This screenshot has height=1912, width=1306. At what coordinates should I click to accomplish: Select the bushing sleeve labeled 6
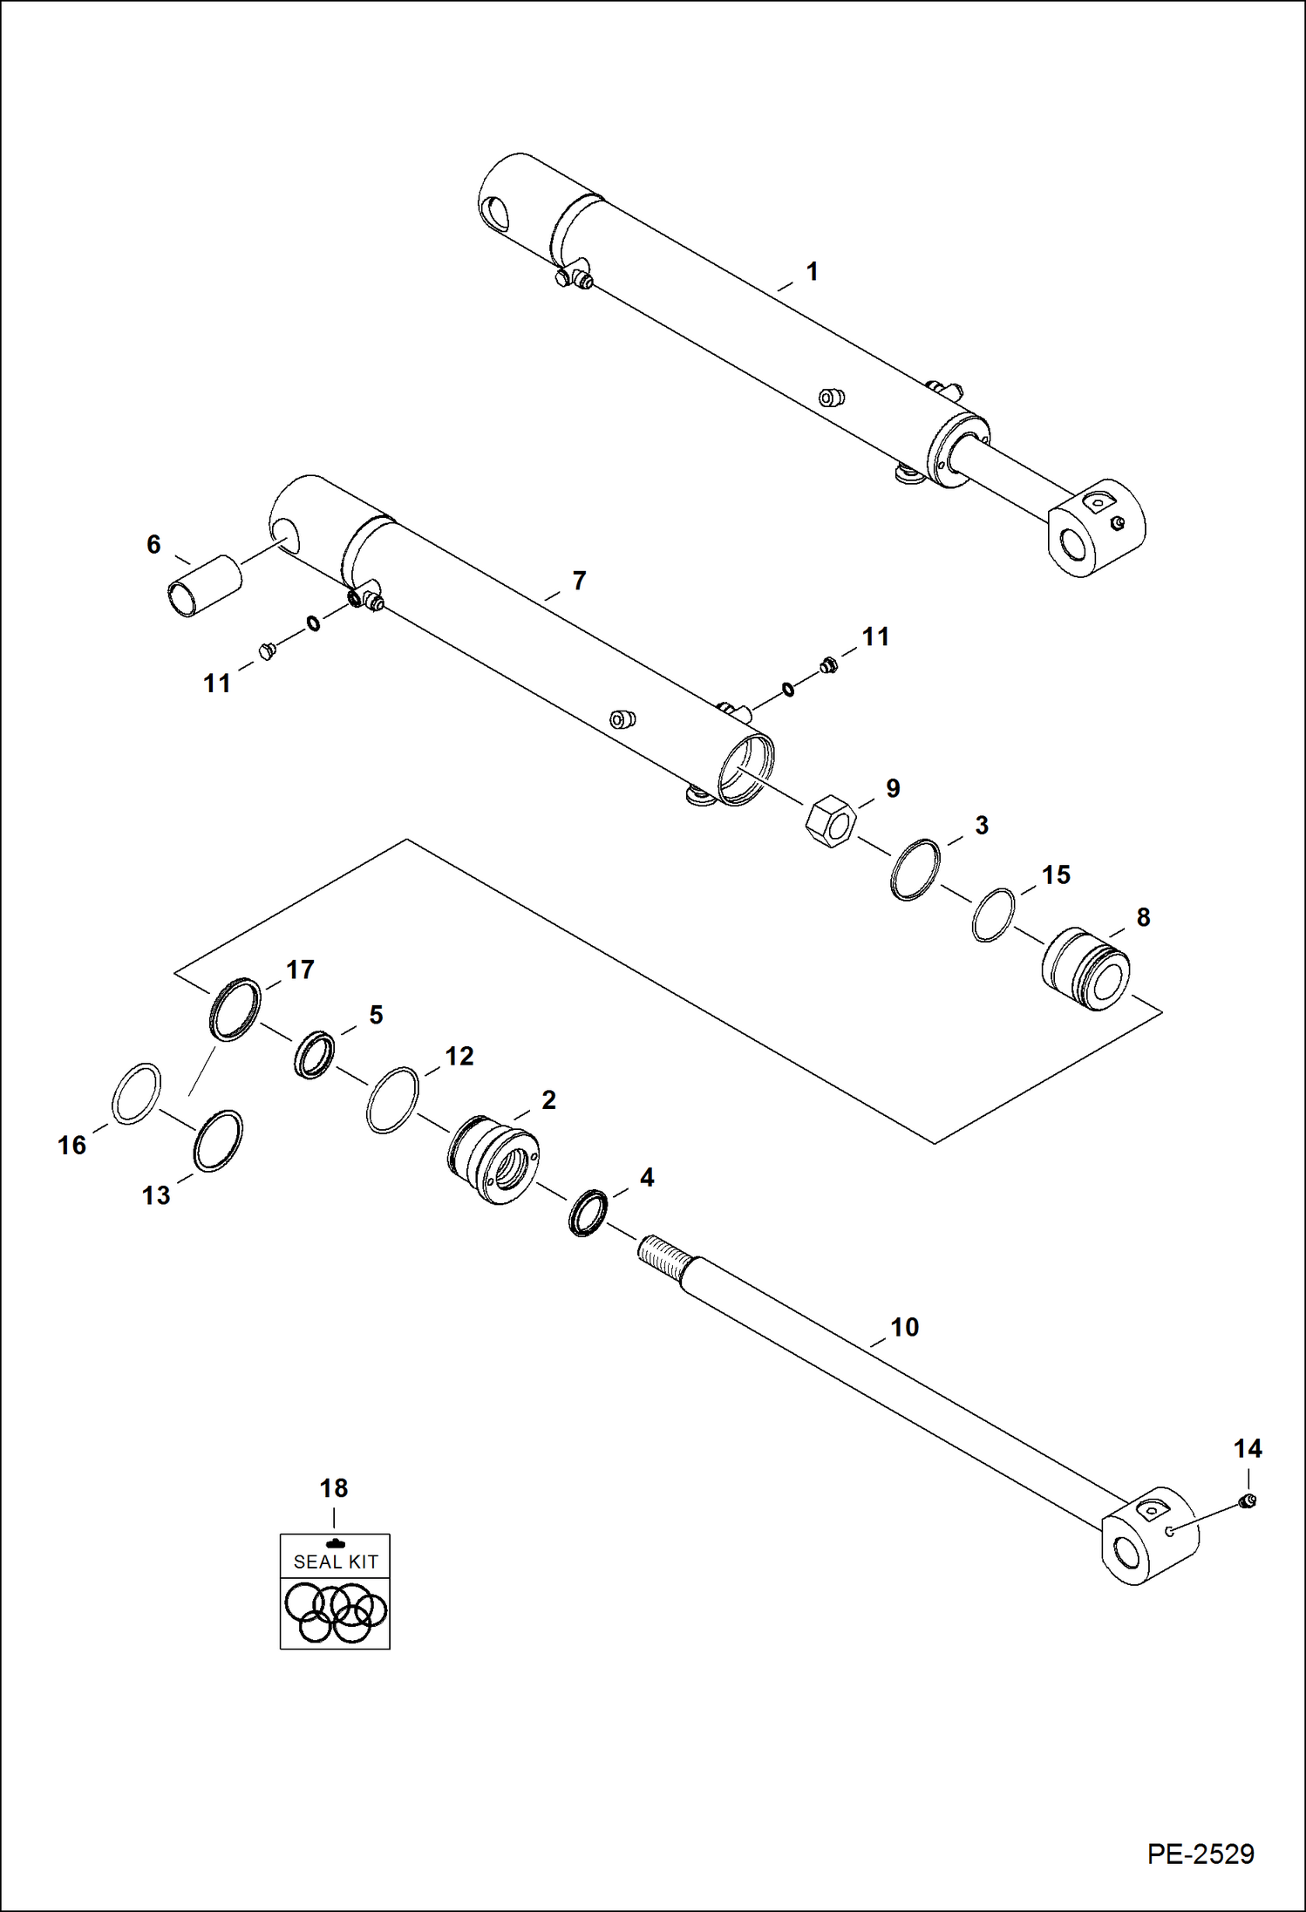click(203, 585)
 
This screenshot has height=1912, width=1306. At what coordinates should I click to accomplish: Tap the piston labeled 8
click(1086, 969)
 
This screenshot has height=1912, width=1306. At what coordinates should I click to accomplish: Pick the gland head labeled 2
click(493, 1160)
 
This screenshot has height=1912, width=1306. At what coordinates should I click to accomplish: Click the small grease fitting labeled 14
click(1247, 1500)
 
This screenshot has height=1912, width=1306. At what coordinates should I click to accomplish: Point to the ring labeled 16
click(137, 1093)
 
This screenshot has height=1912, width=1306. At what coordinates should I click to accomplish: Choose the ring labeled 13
click(218, 1140)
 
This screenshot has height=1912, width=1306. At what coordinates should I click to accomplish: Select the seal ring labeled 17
click(235, 1009)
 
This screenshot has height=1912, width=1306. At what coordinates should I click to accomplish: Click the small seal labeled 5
click(314, 1054)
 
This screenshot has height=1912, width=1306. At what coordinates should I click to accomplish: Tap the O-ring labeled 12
click(392, 1099)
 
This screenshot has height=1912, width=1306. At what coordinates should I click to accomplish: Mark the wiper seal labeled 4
click(588, 1212)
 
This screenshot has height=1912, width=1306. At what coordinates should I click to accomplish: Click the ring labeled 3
click(915, 869)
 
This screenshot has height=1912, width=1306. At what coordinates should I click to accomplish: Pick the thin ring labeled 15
click(994, 915)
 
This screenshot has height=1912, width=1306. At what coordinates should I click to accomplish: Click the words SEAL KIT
click(336, 1562)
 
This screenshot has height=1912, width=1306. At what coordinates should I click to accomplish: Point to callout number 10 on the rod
click(904, 1327)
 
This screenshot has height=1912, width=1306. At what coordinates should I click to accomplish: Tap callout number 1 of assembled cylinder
click(812, 272)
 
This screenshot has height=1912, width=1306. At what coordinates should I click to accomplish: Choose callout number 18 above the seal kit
click(334, 1487)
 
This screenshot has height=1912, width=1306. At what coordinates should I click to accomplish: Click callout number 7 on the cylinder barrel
click(579, 581)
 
